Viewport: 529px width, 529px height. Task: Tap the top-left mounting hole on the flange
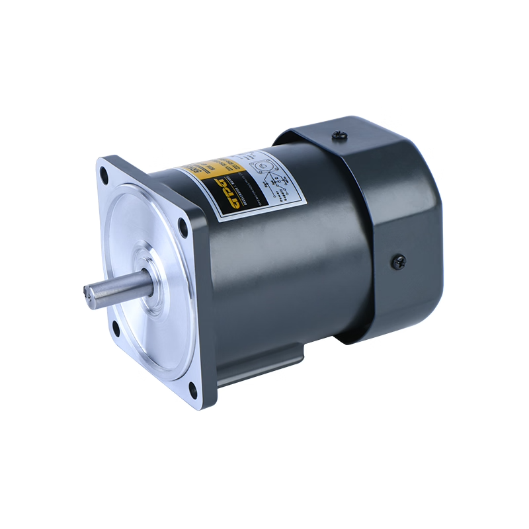[104, 175]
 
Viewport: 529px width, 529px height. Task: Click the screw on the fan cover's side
[399, 262]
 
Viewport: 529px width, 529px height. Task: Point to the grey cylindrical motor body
[291, 264]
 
